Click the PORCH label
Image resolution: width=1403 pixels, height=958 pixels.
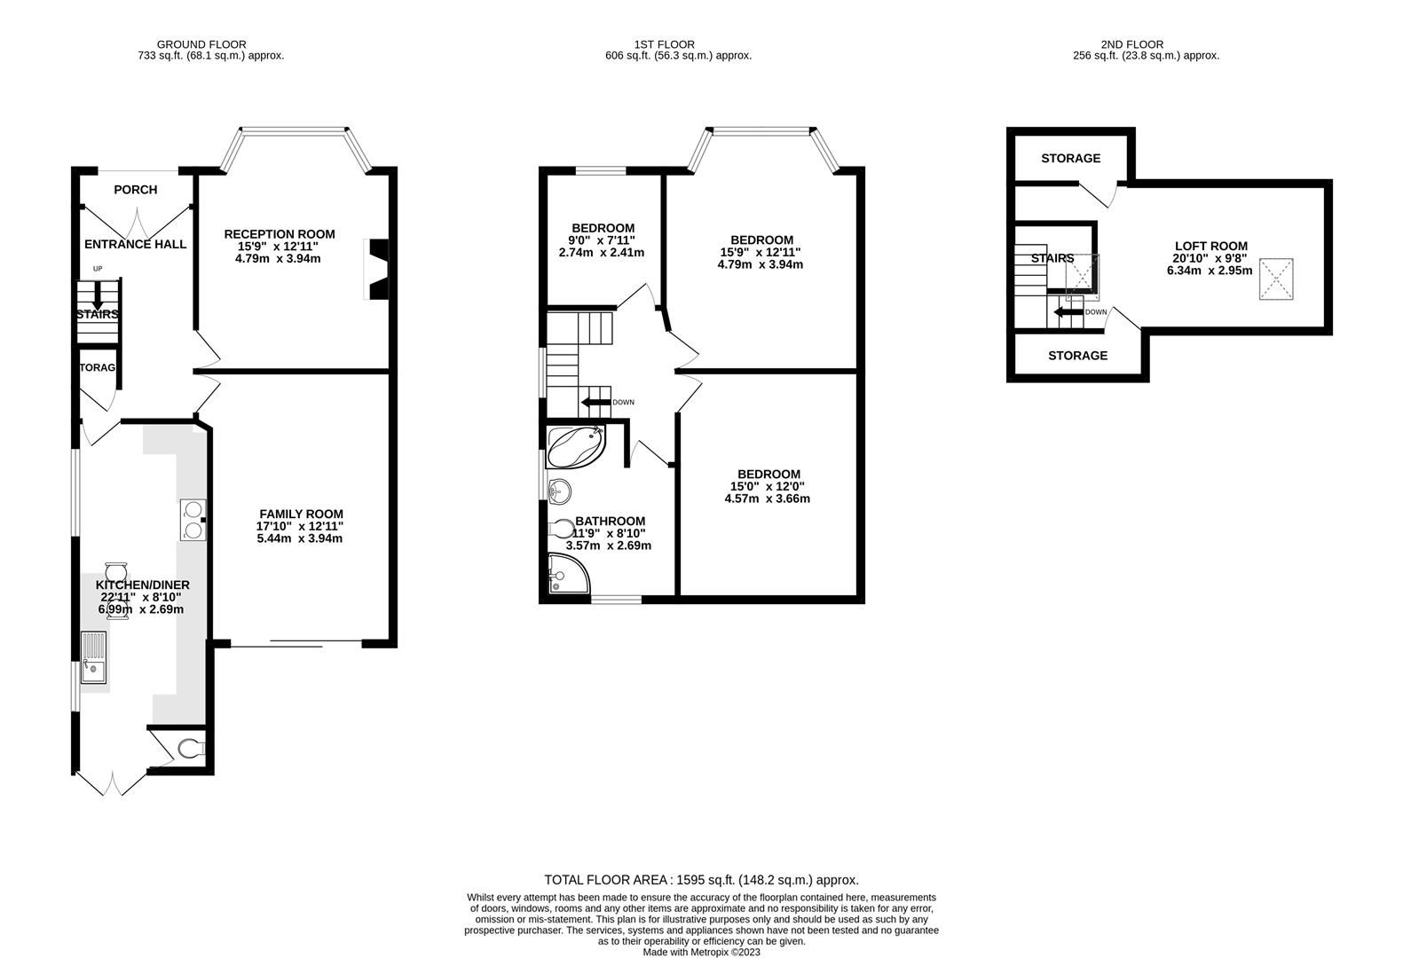[x=136, y=190]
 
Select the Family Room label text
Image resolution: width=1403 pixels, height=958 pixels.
[x=301, y=514]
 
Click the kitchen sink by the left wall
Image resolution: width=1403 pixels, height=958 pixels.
[x=93, y=657]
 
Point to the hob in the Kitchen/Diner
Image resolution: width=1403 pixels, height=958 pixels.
[x=193, y=520]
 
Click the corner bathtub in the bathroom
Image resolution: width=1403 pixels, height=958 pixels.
[x=575, y=447]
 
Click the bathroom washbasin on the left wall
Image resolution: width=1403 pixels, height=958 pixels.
[x=558, y=490]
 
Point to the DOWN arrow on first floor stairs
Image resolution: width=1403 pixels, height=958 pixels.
[x=596, y=403]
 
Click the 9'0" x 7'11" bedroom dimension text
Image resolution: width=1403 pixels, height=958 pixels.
[x=603, y=240]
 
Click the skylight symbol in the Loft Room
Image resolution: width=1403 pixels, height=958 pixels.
[x=1276, y=279]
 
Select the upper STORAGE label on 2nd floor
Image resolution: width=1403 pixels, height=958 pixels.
[x=1070, y=159]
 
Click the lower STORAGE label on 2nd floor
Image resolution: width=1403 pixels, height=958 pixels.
[x=1077, y=356]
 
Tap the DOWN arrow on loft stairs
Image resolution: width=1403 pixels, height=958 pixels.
[x=1068, y=311]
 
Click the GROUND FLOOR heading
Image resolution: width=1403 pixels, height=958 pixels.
[x=201, y=44]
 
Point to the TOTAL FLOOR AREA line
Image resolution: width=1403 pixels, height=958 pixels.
[x=701, y=880]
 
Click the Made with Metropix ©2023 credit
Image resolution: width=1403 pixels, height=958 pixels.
[x=701, y=952]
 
